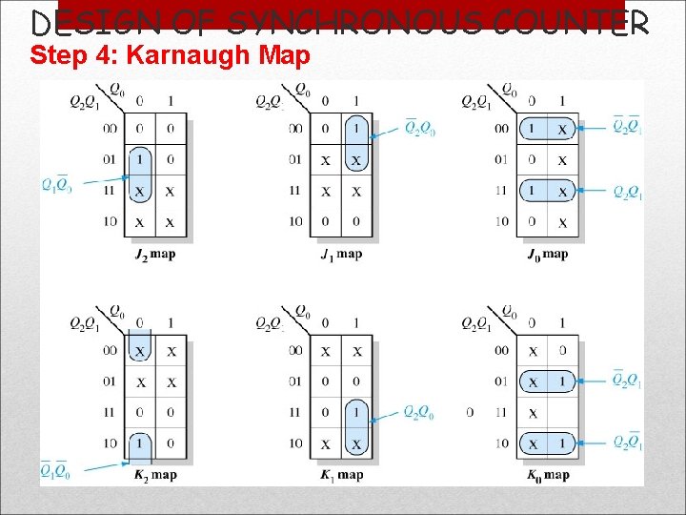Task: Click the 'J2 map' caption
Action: (155, 255)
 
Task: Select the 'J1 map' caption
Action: (342, 255)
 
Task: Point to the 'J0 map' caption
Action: (547, 255)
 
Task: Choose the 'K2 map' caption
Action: (155, 475)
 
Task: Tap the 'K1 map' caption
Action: (342, 475)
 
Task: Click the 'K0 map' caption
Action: (547, 475)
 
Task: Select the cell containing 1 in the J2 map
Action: (140, 159)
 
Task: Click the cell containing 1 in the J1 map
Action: (356, 129)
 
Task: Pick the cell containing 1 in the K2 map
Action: (140, 443)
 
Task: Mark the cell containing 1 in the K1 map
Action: (356, 412)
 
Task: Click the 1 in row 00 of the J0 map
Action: (533, 129)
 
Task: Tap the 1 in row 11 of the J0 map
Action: (533, 191)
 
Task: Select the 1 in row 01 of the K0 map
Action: (562, 381)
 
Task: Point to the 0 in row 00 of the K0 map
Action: (562, 351)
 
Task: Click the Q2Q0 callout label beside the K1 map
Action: (419, 412)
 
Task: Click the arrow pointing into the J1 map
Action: (387, 134)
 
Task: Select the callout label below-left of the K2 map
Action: (56, 469)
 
